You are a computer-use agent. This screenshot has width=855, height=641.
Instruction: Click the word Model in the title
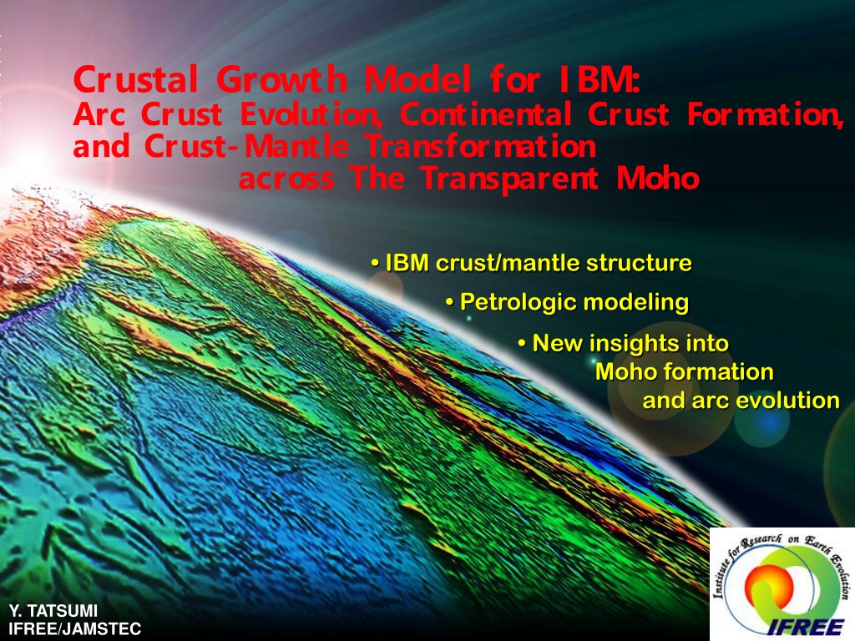pos(417,79)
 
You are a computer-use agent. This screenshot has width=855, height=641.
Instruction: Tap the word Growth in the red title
pos(281,79)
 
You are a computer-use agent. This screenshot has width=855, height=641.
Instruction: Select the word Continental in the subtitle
pos(486,114)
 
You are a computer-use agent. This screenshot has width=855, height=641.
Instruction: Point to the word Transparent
pos(510,179)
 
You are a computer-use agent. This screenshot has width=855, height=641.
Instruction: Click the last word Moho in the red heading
pos(658,178)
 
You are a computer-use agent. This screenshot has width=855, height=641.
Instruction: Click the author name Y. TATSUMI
pos(53,610)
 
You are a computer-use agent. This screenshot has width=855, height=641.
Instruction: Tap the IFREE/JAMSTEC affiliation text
pos(74,629)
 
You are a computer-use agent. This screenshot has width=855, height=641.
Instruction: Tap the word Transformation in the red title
pos(480,146)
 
